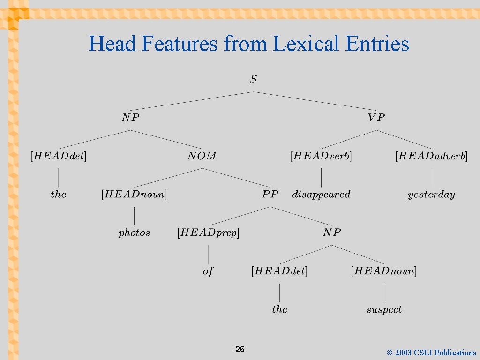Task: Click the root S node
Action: (x=253, y=79)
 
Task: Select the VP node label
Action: (x=376, y=117)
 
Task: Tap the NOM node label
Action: (x=202, y=156)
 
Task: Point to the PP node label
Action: (x=270, y=194)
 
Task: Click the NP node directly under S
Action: (x=131, y=117)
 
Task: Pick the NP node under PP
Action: (x=332, y=232)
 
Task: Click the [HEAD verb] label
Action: (x=321, y=156)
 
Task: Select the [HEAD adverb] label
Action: (x=431, y=156)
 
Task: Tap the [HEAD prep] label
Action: (x=208, y=232)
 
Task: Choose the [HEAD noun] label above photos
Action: (x=134, y=194)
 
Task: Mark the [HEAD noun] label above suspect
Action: (x=384, y=271)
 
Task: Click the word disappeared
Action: (x=321, y=194)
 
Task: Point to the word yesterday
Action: (x=431, y=195)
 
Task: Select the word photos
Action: (x=134, y=232)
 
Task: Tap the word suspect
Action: (x=384, y=309)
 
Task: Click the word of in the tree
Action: (x=208, y=271)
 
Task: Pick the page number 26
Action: (x=240, y=349)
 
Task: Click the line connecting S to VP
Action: (x=315, y=101)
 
